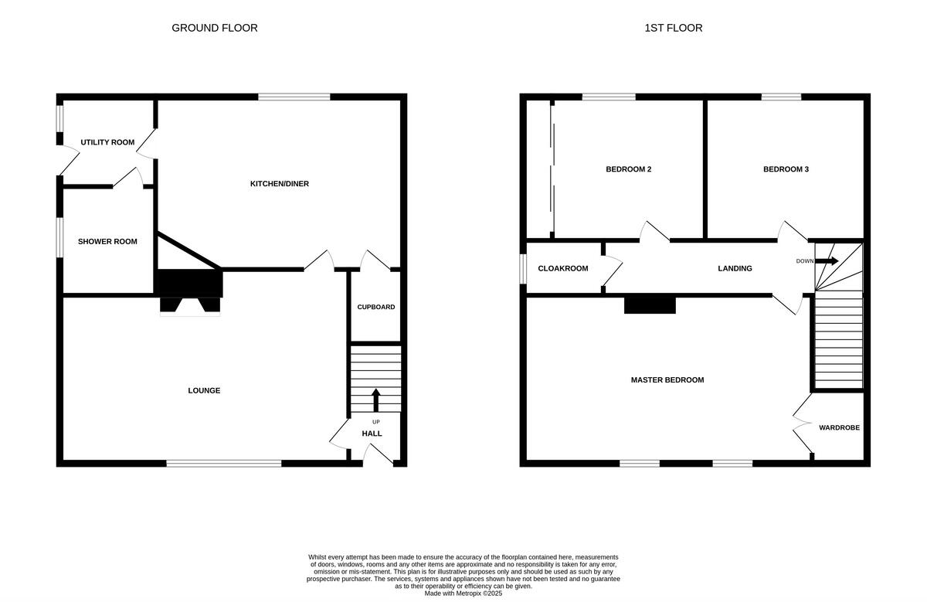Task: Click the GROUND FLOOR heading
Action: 214,28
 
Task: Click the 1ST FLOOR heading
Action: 673,28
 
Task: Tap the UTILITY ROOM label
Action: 107,142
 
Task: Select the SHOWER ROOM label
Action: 107,242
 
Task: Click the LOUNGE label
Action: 204,391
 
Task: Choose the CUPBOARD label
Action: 375,308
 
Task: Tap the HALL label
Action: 372,434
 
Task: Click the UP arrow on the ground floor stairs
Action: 376,400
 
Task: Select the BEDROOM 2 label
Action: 628,169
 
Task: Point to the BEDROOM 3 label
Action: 786,169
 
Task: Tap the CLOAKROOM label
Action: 562,269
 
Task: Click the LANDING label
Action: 735,269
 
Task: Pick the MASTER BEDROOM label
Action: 667,380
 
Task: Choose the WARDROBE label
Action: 839,427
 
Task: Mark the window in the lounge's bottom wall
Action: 224,464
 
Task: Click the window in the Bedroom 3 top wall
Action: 781,97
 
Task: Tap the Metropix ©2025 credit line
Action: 463,593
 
